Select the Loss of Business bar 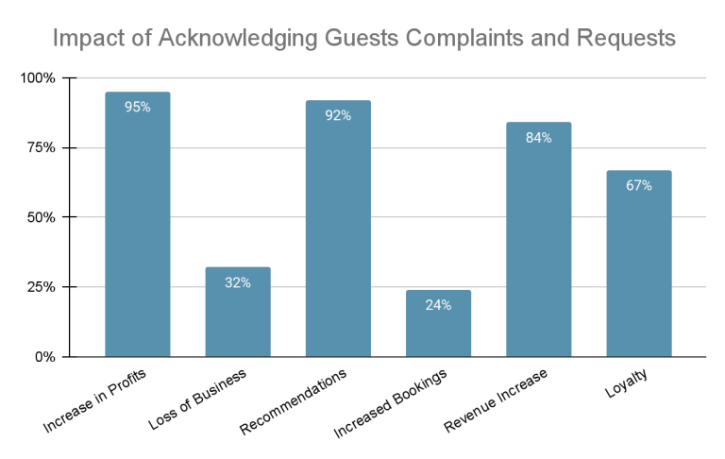click(238, 313)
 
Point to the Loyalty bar click(639, 263)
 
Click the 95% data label click(137, 107)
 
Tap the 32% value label click(238, 282)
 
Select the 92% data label click(338, 115)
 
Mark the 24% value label click(438, 305)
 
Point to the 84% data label click(538, 137)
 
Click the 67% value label click(639, 185)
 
